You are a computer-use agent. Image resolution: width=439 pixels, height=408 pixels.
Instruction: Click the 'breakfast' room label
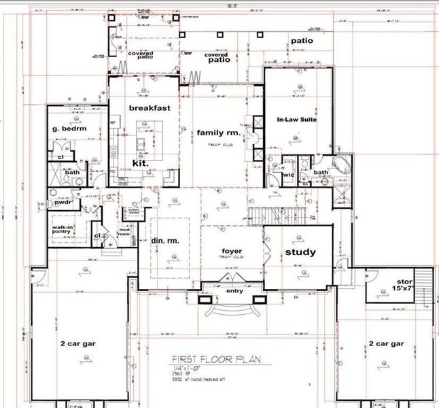click(x=149, y=107)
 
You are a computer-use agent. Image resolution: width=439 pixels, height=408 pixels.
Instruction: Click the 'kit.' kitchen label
click(x=140, y=163)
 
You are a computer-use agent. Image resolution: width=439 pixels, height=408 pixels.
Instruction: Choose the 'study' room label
click(x=300, y=252)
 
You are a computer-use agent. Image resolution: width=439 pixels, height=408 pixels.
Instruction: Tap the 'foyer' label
click(x=232, y=251)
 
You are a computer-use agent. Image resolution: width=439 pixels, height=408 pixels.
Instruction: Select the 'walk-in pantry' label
click(x=66, y=231)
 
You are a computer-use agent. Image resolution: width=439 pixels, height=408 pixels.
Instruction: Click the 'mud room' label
click(x=124, y=233)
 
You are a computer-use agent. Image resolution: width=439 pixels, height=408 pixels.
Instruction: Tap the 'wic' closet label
click(x=287, y=175)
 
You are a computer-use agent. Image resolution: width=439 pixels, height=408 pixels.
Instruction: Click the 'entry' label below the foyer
click(x=234, y=290)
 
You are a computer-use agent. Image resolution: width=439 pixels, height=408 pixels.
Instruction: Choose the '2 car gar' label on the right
click(x=385, y=344)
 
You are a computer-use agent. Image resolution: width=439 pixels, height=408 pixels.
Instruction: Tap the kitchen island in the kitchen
click(x=144, y=135)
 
